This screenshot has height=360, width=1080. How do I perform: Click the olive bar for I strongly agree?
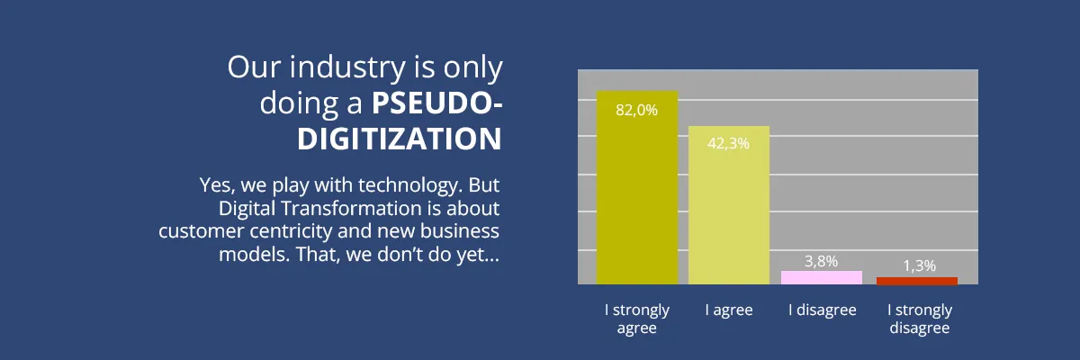click(637, 189)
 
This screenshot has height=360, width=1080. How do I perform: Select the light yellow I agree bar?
click(729, 207)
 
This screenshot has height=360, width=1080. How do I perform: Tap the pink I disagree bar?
click(822, 277)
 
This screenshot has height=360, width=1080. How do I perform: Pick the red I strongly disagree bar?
click(917, 281)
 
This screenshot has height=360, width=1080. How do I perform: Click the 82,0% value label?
click(637, 110)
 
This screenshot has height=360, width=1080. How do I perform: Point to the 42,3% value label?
click(729, 143)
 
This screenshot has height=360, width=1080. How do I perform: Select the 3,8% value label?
click(821, 261)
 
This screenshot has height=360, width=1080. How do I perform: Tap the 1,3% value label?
click(918, 265)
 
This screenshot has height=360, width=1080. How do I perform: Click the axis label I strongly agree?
click(637, 319)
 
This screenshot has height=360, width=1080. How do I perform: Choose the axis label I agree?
click(729, 310)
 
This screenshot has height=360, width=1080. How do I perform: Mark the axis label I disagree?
click(822, 310)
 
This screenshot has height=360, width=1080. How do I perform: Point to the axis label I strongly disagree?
click(920, 319)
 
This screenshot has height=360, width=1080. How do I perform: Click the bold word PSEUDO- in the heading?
click(437, 103)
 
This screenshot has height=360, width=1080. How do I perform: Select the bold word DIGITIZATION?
click(400, 139)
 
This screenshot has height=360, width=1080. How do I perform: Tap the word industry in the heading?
click(337, 68)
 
